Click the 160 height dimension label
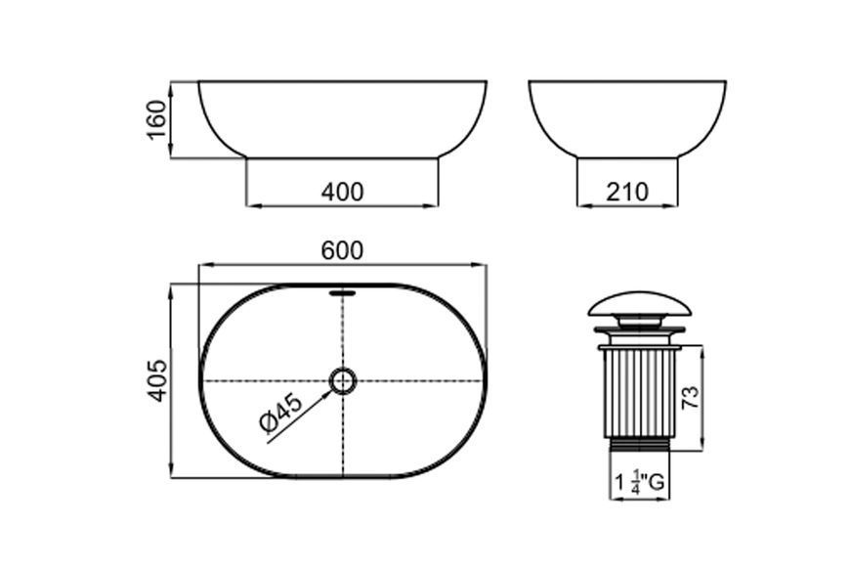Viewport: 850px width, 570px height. pyautogui.click(x=156, y=119)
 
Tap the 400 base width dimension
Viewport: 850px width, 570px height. pyautogui.click(x=342, y=192)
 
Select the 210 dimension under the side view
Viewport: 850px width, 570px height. pyautogui.click(x=626, y=192)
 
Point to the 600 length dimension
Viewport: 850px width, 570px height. pyautogui.click(x=342, y=250)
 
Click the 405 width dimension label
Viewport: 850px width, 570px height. pyautogui.click(x=157, y=380)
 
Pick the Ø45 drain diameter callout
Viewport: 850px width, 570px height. pyautogui.click(x=280, y=414)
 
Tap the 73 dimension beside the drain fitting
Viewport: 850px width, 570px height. pyautogui.click(x=691, y=398)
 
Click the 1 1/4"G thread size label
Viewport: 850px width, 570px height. pyautogui.click(x=640, y=482)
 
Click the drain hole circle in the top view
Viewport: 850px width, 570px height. pyautogui.click(x=343, y=380)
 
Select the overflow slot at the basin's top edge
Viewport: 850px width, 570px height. pyautogui.click(x=343, y=293)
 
